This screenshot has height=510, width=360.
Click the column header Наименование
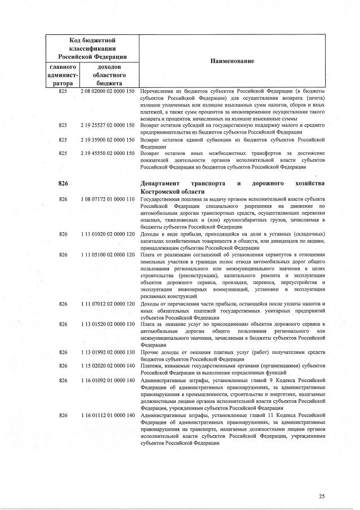coord(232,61)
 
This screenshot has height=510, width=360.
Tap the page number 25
coord(322,496)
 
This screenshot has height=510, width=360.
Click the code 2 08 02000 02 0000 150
coord(107,91)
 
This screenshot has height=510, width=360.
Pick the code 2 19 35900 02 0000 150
coord(107,139)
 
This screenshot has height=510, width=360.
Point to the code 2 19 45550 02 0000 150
coord(107,153)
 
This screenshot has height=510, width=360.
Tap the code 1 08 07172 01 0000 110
coord(107,199)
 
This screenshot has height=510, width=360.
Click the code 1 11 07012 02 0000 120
coord(107,304)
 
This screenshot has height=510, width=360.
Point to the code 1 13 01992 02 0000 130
coord(107,352)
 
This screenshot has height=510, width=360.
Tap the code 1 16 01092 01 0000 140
coord(107,380)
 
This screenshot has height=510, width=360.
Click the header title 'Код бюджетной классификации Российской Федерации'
coord(92,48)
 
